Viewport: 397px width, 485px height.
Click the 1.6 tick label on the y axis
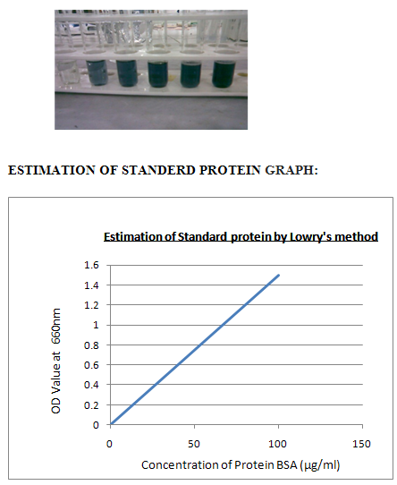(x=91, y=265)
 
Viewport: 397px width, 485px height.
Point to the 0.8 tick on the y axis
(x=91, y=345)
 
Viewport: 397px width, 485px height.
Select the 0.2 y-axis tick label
(x=91, y=405)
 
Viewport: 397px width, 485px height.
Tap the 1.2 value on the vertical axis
(x=91, y=305)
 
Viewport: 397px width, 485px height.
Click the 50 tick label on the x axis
(x=194, y=444)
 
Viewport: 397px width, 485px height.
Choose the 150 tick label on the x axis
(x=361, y=444)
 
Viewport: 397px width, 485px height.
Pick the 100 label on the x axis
(x=277, y=444)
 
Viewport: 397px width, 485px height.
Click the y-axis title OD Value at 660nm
(x=56, y=361)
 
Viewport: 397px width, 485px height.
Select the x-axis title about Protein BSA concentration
(x=241, y=465)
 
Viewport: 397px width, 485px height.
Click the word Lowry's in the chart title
(x=311, y=237)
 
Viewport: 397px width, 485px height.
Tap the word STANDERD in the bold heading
(x=158, y=170)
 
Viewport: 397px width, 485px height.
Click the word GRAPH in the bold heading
(x=291, y=170)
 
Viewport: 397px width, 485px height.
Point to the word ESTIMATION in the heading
(x=51, y=170)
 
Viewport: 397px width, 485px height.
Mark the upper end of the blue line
(x=279, y=275)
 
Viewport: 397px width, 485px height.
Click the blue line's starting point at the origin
(x=111, y=425)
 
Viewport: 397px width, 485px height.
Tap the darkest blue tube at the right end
(x=224, y=73)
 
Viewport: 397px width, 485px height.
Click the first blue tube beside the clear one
(x=97, y=72)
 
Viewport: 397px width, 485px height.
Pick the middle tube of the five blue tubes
(x=158, y=73)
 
